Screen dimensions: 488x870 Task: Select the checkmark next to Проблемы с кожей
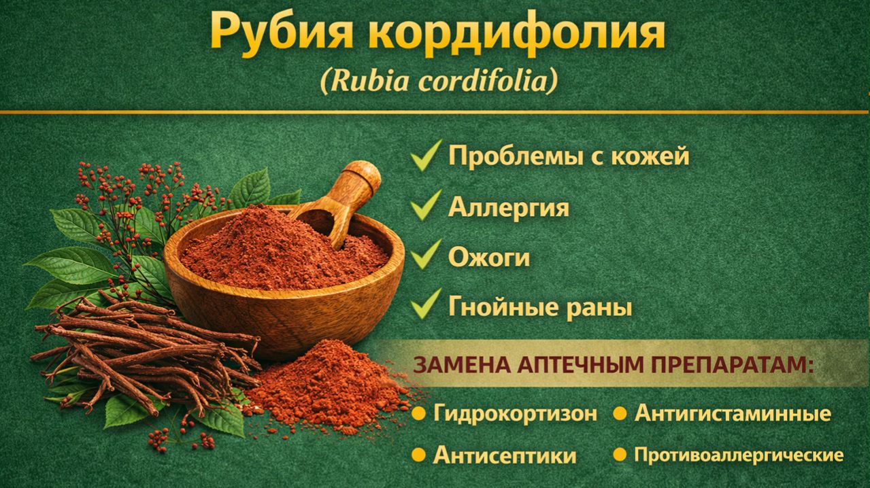[x=426, y=155]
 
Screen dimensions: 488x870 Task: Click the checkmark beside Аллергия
[x=426, y=205]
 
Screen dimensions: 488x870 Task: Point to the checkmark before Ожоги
[x=426, y=256]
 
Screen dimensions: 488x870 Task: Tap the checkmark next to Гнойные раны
[x=426, y=306]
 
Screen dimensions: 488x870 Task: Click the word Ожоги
[x=488, y=258]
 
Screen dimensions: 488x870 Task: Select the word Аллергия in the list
[x=508, y=207]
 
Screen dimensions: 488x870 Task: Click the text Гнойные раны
[x=540, y=307]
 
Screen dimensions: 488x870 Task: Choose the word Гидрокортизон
[x=515, y=413]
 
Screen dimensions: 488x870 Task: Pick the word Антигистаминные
[x=732, y=413]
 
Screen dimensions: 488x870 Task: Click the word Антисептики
[x=504, y=455]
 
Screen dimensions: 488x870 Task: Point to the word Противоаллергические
[x=739, y=455]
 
